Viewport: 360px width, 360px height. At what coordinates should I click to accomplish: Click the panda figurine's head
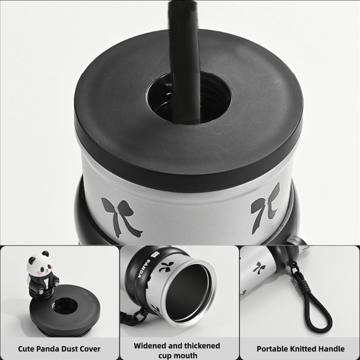[39, 263]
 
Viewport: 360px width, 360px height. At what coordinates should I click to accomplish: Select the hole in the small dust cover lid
[65, 305]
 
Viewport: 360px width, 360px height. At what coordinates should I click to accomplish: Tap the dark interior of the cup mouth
[187, 292]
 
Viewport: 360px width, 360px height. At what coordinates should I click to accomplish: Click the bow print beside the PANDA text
[165, 267]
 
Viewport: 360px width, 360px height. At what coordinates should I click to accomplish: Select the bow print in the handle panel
[259, 268]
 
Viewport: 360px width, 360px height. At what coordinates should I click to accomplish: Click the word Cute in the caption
[26, 349]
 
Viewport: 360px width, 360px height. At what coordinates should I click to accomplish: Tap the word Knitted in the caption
[303, 349]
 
